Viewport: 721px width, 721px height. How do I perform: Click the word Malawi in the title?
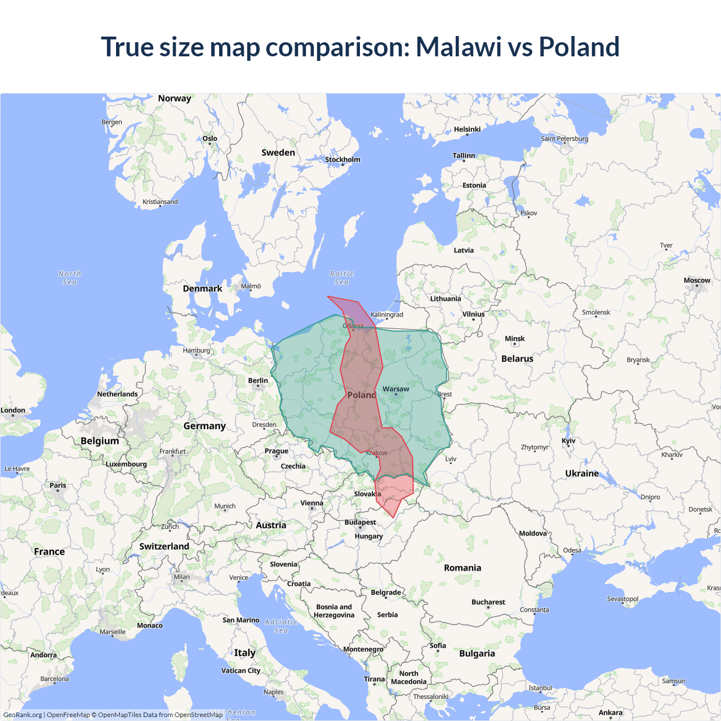pyautogui.click(x=459, y=47)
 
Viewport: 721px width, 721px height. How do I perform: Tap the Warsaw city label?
pyautogui.click(x=395, y=389)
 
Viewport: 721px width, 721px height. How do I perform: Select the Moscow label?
pyautogui.click(x=697, y=281)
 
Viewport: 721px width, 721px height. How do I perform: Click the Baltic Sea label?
pyautogui.click(x=341, y=278)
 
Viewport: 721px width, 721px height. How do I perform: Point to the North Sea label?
pyautogui.click(x=69, y=278)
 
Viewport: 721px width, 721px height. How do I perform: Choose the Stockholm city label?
pyautogui.click(x=342, y=159)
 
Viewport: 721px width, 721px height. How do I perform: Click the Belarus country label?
pyautogui.click(x=517, y=359)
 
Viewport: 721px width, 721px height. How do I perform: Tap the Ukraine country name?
pyautogui.click(x=582, y=474)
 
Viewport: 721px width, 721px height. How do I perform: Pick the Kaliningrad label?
pyautogui.click(x=387, y=315)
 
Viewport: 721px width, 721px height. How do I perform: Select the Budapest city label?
pyautogui.click(x=360, y=523)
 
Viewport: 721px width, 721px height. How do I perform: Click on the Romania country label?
pyautogui.click(x=462, y=568)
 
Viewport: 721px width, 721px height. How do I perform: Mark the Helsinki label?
pyautogui.click(x=467, y=130)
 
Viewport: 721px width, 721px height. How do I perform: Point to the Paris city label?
pyautogui.click(x=57, y=486)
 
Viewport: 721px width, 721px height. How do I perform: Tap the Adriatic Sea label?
pyautogui.click(x=281, y=626)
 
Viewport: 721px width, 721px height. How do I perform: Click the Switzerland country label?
pyautogui.click(x=164, y=546)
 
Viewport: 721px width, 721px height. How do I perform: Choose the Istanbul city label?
pyautogui.click(x=540, y=688)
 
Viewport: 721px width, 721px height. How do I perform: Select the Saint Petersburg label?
pyautogui.click(x=564, y=139)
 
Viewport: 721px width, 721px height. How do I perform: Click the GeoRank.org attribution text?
pyautogui.click(x=23, y=715)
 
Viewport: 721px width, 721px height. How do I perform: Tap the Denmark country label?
pyautogui.click(x=202, y=288)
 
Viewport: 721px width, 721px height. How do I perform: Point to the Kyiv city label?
pyautogui.click(x=568, y=441)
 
